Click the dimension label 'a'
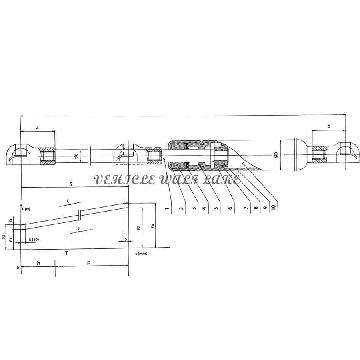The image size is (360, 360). point(38,128)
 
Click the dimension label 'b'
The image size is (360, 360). point(329,126)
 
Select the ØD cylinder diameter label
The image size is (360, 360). point(276,155)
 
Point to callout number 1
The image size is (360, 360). point(167,208)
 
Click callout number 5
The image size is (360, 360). point(216,208)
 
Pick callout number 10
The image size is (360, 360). point(273,207)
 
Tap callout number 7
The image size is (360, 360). point(246,208)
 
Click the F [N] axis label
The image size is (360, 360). point(26,209)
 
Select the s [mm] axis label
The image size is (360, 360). point(141,254)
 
